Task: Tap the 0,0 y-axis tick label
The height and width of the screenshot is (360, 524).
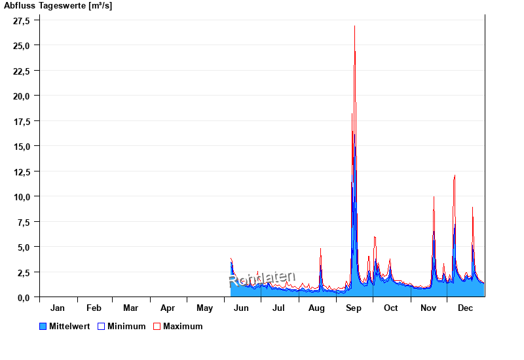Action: (24, 297)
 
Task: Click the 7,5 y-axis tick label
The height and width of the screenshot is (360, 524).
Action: (24, 222)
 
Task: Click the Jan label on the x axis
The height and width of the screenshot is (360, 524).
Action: (58, 308)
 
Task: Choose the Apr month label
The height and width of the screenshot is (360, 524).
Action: (168, 308)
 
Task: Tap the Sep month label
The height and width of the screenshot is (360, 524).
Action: (354, 308)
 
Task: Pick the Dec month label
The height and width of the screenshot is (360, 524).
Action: (465, 308)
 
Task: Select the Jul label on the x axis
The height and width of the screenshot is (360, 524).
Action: (279, 308)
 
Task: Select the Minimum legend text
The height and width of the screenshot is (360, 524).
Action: (126, 326)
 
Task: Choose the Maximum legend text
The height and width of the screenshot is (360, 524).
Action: (183, 326)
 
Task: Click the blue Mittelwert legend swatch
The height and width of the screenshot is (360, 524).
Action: (43, 326)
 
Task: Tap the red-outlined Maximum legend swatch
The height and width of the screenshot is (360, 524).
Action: (157, 326)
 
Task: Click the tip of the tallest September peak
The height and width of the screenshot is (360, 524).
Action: (354, 26)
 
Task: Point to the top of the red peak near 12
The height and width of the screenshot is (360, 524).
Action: (455, 175)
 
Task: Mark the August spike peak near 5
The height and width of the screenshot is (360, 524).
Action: (320, 249)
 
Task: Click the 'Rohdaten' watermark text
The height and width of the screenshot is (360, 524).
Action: (262, 279)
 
